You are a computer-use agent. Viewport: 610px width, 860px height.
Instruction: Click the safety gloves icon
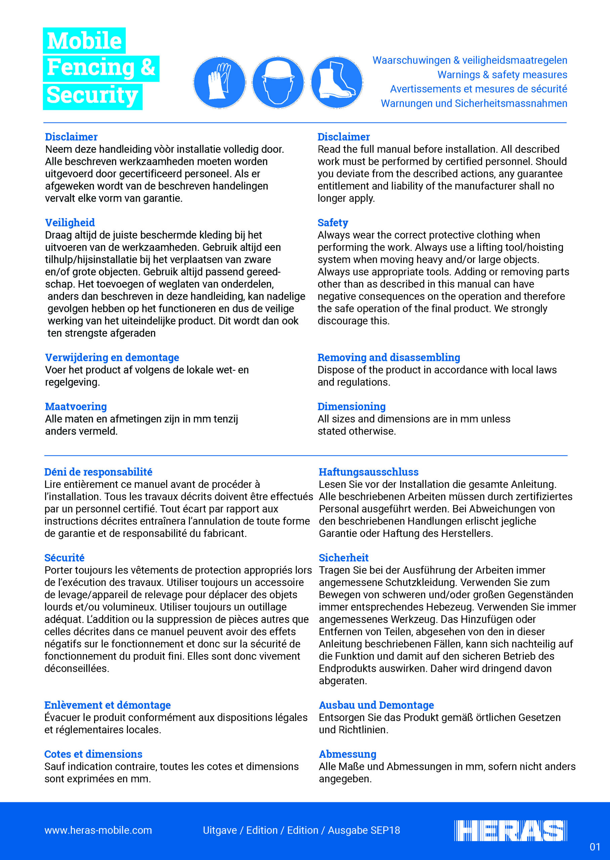[219, 83]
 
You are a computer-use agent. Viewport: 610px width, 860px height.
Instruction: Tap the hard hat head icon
[278, 83]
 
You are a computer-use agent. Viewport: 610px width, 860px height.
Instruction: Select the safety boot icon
[337, 83]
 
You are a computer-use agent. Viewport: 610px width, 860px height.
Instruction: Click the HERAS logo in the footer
[510, 830]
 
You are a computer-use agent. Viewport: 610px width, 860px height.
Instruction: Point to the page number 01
[595, 847]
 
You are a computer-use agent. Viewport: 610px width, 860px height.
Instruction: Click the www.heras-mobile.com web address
[98, 830]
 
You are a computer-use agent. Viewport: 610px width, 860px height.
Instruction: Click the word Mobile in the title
[84, 41]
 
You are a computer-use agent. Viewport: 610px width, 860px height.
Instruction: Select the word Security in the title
[92, 95]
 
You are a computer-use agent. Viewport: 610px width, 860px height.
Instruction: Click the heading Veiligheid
[70, 223]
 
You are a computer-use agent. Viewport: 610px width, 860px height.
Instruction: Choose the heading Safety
[333, 223]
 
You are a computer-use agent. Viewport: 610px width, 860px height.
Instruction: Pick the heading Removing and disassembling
[389, 357]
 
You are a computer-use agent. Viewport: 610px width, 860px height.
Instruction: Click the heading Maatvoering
[76, 406]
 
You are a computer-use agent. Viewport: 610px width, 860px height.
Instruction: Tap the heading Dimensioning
[352, 406]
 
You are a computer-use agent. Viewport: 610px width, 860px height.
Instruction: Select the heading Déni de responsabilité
[98, 472]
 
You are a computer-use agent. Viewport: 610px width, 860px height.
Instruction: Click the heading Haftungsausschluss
[368, 472]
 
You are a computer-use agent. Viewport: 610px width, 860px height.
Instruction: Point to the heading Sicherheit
[344, 558]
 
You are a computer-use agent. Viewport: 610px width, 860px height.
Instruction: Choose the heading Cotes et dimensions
[93, 754]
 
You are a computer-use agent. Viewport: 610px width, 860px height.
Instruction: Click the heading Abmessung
[347, 754]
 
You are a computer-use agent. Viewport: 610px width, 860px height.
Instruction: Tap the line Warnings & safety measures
[502, 75]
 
